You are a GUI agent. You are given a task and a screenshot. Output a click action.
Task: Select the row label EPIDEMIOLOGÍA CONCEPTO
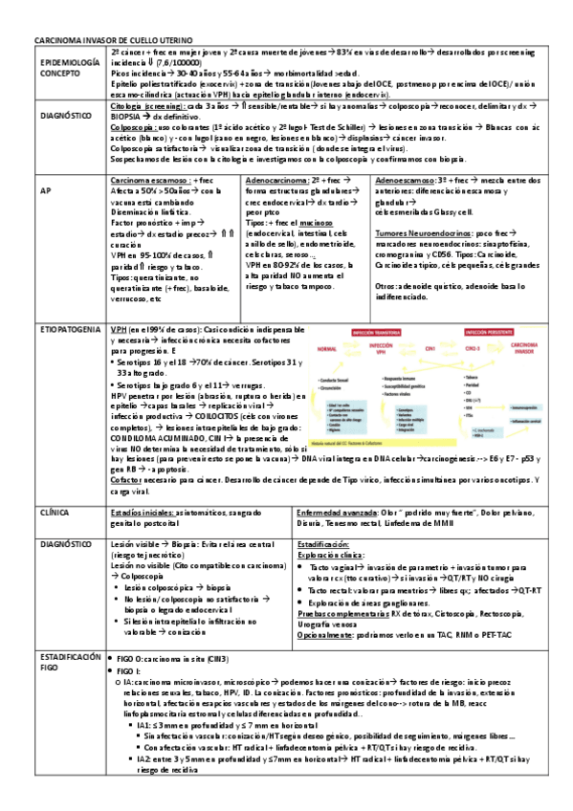[68, 67]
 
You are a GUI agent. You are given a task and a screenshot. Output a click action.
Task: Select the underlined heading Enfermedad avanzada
[336, 513]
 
